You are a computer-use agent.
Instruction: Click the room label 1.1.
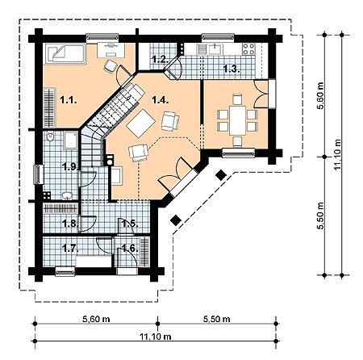69,100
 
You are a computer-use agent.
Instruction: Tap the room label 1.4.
161,100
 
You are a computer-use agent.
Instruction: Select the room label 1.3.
232,69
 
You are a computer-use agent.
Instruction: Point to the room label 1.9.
71,167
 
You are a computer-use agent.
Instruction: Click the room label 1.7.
70,248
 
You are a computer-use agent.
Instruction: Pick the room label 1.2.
161,59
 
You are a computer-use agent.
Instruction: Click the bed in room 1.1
65,54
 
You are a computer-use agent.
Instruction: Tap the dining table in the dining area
238,120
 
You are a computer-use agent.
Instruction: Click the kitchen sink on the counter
214,49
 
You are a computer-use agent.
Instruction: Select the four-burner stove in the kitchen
248,49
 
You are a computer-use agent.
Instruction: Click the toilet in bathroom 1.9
50,136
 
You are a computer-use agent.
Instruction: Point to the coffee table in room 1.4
140,123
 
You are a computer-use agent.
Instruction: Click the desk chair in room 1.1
110,65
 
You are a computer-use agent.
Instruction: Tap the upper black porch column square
221,175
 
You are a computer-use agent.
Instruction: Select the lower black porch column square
176,220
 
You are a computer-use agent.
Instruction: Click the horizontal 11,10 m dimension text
156,337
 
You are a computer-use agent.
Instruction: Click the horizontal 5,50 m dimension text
216,319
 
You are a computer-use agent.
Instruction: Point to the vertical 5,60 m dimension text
320,96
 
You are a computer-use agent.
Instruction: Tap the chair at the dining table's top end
237,98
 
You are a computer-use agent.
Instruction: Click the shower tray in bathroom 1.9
71,140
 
